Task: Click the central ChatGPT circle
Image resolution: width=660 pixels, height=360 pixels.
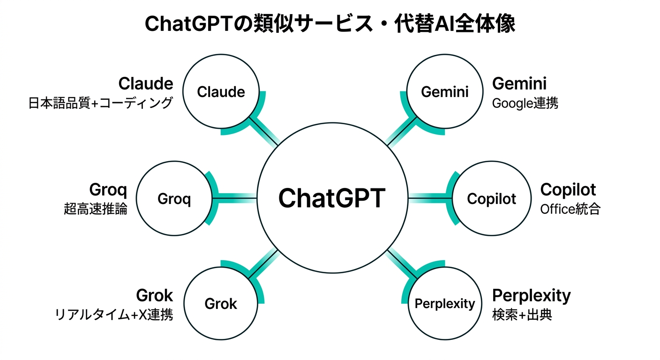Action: tap(332, 198)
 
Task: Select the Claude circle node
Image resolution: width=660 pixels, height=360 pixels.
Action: tap(221, 91)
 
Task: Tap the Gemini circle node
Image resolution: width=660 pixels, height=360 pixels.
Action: tap(444, 91)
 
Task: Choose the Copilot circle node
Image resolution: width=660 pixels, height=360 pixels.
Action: tap(491, 199)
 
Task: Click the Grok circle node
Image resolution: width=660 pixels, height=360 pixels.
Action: tap(221, 304)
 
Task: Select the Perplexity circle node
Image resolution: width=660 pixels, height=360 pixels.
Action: tap(444, 304)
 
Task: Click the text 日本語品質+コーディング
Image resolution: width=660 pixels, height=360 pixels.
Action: tap(101, 103)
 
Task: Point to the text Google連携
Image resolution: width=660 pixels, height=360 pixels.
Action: tap(525, 103)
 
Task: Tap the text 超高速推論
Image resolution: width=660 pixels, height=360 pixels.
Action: tap(96, 209)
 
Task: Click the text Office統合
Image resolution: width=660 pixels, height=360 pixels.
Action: tap(570, 209)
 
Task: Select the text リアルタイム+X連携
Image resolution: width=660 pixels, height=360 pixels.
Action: tap(114, 315)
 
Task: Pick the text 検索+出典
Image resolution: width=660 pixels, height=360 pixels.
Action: tap(522, 315)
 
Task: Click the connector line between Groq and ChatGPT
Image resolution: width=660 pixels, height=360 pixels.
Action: tap(234, 199)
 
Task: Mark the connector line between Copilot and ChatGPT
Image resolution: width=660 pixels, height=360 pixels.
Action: tap(429, 199)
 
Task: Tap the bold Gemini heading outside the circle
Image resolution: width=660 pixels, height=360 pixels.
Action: tap(519, 83)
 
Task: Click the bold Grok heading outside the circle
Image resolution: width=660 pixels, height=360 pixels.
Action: tap(154, 296)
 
